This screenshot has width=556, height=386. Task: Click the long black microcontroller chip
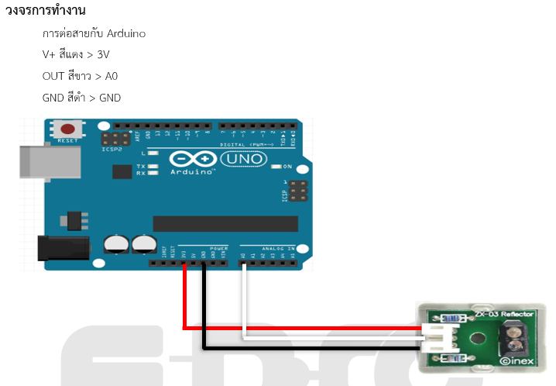(x=225, y=224)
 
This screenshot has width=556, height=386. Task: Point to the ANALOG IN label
(x=280, y=249)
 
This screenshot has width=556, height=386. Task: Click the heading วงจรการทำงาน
(x=46, y=12)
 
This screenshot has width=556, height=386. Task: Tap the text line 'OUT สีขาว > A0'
(x=81, y=76)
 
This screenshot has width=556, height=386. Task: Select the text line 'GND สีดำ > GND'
(x=82, y=98)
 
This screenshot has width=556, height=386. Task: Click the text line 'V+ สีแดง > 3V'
(x=76, y=55)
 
